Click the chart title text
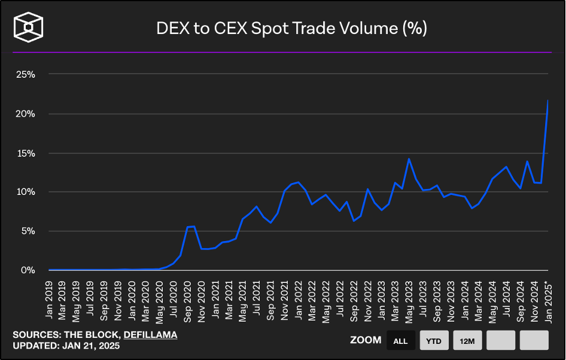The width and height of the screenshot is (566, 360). (291, 29)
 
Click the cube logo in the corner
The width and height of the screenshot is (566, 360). (28, 27)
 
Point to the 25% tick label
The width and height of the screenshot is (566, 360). (26, 75)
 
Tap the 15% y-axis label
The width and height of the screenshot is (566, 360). (26, 154)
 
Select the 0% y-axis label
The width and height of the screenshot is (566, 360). (28, 270)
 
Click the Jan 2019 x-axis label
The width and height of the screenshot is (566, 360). (48, 300)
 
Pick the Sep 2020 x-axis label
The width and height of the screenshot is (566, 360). (188, 301)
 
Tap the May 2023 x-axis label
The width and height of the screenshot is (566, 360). (409, 302)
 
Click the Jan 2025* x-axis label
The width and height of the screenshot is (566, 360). (548, 302)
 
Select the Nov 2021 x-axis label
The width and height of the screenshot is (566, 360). (285, 301)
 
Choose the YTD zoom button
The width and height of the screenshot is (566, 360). (434, 340)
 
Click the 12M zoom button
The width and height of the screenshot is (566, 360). (467, 340)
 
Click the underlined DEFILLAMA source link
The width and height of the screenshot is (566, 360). (151, 335)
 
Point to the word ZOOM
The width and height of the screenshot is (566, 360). (366, 340)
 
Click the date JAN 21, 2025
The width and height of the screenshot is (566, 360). (91, 346)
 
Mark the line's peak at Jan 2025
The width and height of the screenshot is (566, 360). (547, 100)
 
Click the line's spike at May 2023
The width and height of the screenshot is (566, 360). (409, 158)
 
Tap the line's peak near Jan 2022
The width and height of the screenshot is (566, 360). (298, 182)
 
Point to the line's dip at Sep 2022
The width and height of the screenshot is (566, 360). (354, 221)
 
